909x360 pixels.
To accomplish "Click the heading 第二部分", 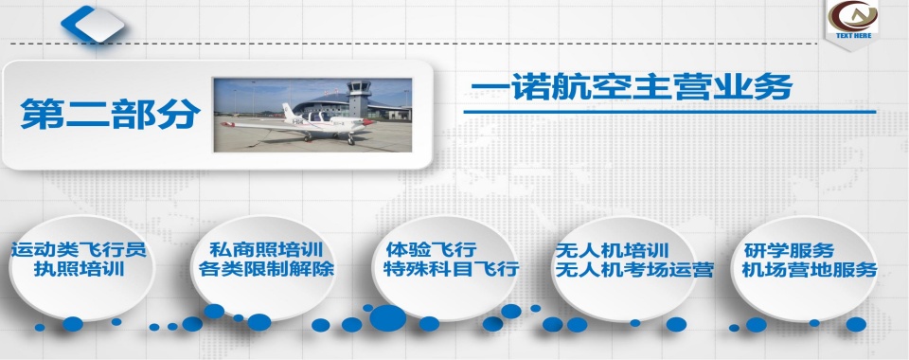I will tap(111, 115).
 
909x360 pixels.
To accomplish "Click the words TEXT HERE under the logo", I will tap(852, 35).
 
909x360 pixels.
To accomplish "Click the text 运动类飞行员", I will tap(80, 250).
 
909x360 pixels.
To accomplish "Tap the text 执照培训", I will tap(80, 269).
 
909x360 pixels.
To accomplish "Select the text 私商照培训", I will tap(267, 250).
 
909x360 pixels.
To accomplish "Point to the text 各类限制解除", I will tap(267, 269).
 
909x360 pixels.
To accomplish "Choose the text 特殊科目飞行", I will tap(451, 269).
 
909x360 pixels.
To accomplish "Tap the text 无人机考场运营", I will tap(633, 269).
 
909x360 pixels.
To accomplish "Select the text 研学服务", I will tap(789, 250).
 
